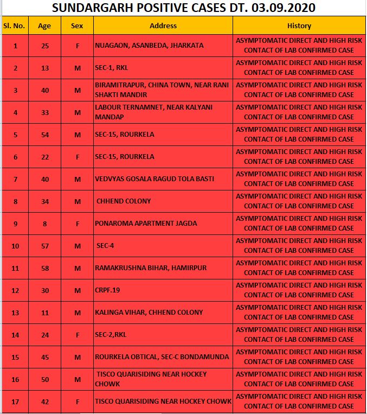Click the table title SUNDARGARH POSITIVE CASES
[x=184, y=8]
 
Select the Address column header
[x=163, y=26]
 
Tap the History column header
[x=299, y=26]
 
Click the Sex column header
[x=77, y=26]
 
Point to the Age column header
[x=44, y=26]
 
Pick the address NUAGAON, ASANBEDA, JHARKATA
[x=149, y=46]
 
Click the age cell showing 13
[x=44, y=68]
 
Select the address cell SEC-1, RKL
[x=112, y=68]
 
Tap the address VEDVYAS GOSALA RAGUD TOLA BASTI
[x=154, y=179]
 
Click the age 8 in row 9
[x=44, y=224]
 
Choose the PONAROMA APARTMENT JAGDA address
[x=146, y=224]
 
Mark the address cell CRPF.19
[x=107, y=290]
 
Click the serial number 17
[x=15, y=402]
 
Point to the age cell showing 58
[x=44, y=268]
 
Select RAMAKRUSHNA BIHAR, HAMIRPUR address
[x=151, y=268]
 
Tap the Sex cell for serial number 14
[x=77, y=335]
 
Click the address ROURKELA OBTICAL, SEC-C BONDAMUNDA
[x=162, y=357]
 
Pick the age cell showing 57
[x=44, y=246]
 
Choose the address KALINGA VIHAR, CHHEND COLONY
[x=149, y=313]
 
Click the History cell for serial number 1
[x=299, y=46]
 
